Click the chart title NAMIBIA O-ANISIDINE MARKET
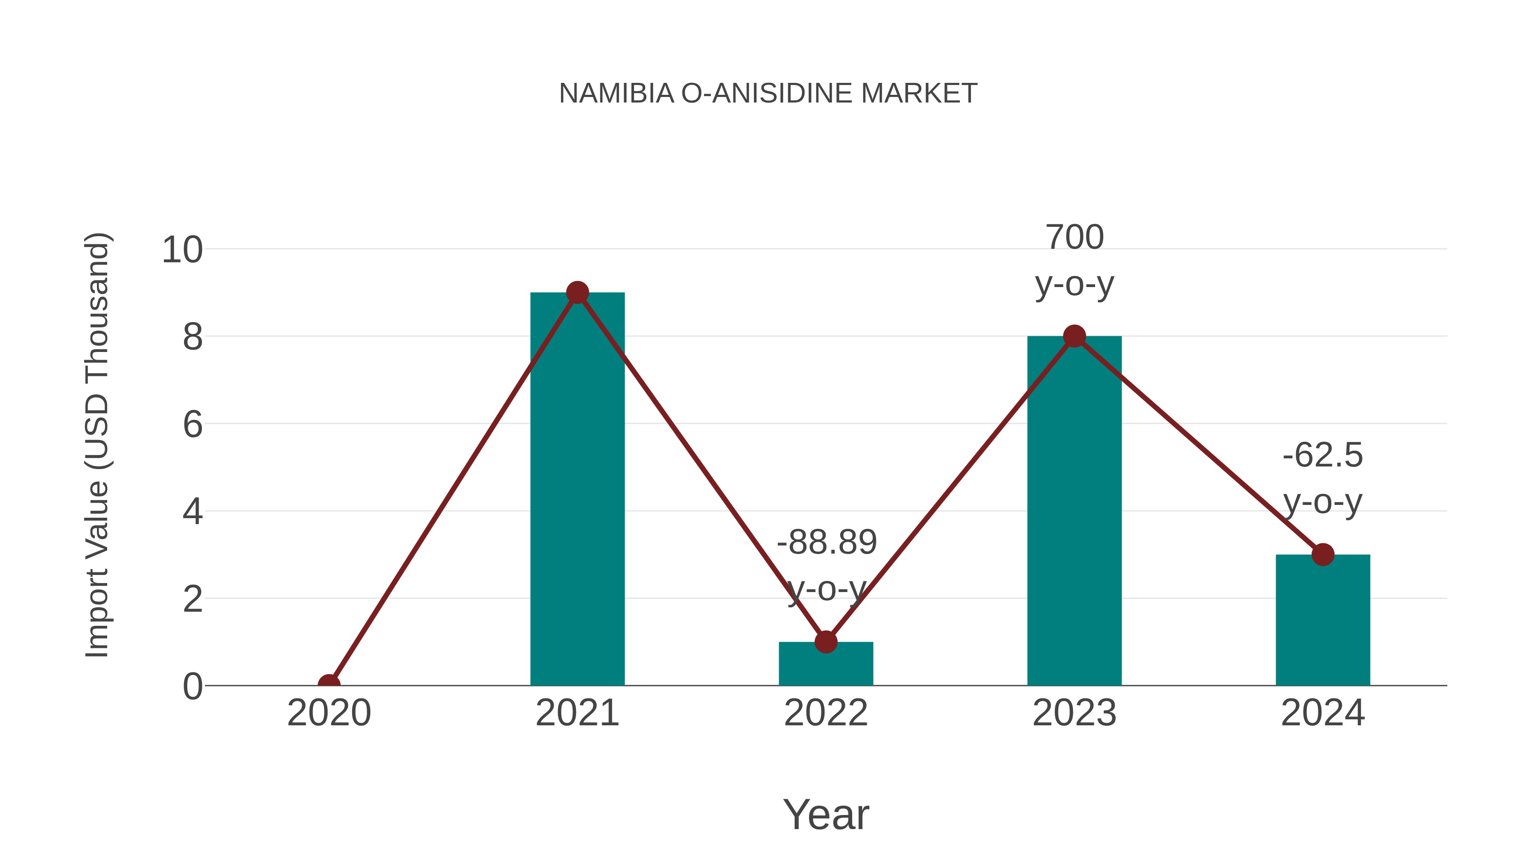(x=768, y=93)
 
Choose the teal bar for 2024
(x=1323, y=624)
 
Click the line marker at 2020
(x=329, y=684)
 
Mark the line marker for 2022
(x=826, y=642)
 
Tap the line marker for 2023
(x=1074, y=336)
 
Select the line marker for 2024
(x=1323, y=554)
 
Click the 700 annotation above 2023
(x=1075, y=238)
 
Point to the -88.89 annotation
(x=827, y=542)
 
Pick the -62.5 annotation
(x=1323, y=455)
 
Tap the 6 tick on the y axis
(x=192, y=425)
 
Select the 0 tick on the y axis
(x=192, y=686)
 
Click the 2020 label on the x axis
(x=329, y=713)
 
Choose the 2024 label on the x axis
(x=1323, y=713)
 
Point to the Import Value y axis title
(x=96, y=445)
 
